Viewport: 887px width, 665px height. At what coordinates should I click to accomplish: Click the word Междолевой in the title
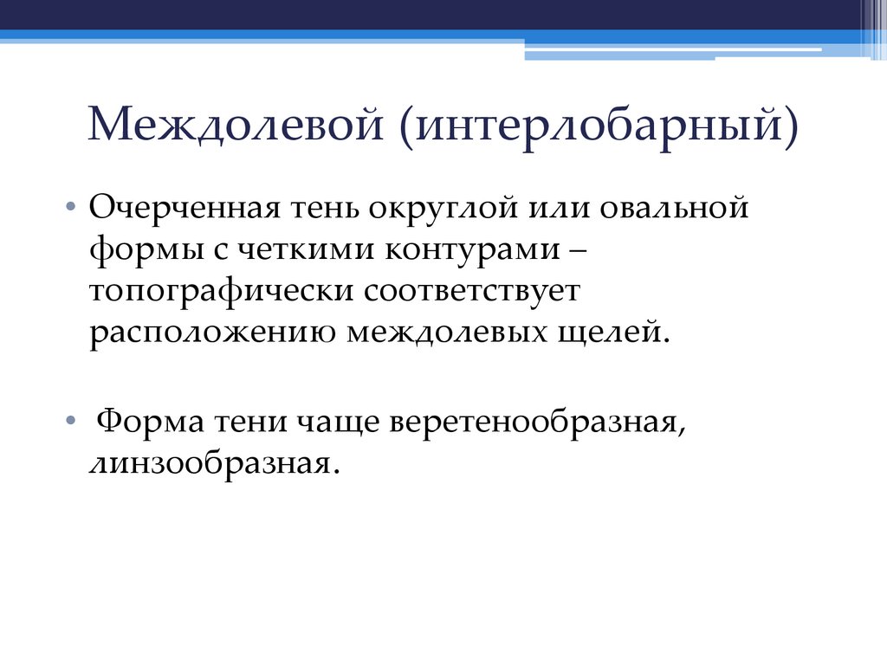(x=235, y=124)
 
